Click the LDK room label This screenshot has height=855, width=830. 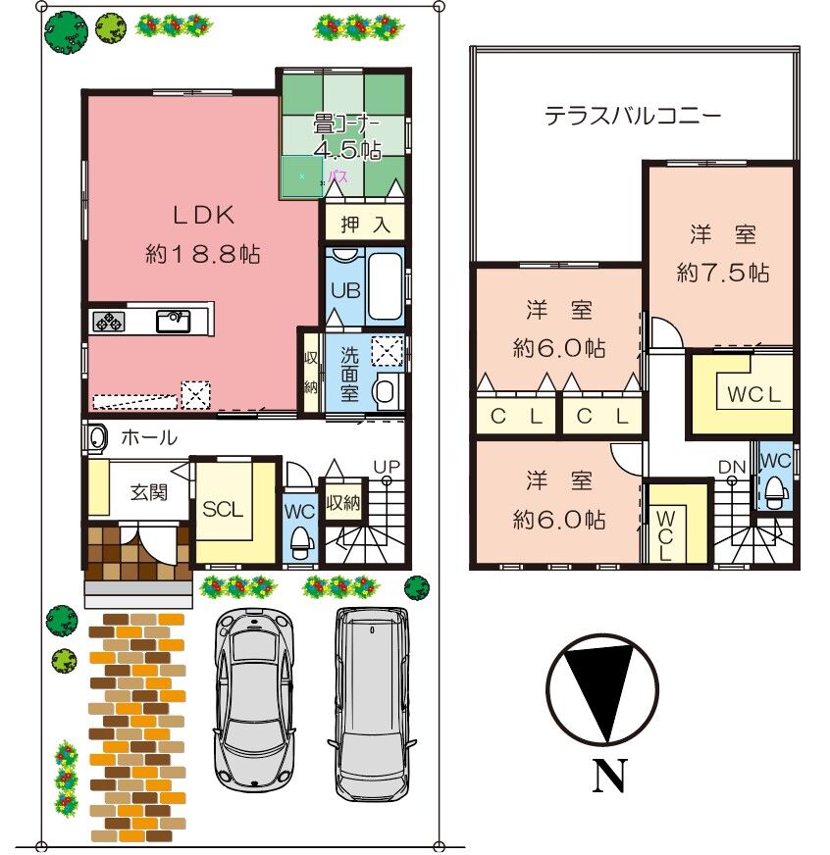(x=203, y=216)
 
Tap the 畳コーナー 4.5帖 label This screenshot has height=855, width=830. (x=347, y=137)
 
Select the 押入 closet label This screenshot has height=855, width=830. (x=365, y=225)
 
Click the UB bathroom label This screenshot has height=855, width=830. (x=345, y=290)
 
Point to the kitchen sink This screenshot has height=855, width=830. (x=173, y=322)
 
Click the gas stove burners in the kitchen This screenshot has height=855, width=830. (x=109, y=322)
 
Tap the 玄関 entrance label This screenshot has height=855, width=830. (x=149, y=492)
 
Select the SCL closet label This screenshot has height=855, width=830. (x=223, y=509)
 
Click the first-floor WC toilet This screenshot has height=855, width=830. (x=300, y=541)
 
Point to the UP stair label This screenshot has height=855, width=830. (x=387, y=467)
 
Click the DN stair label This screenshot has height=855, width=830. (x=732, y=467)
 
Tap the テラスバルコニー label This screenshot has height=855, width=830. (x=633, y=116)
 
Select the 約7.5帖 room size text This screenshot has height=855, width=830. (x=722, y=273)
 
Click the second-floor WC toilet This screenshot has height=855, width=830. (x=776, y=492)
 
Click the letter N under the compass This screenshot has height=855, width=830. (x=610, y=775)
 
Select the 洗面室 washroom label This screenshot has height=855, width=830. (x=349, y=375)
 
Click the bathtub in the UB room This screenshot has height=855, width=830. (x=386, y=287)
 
